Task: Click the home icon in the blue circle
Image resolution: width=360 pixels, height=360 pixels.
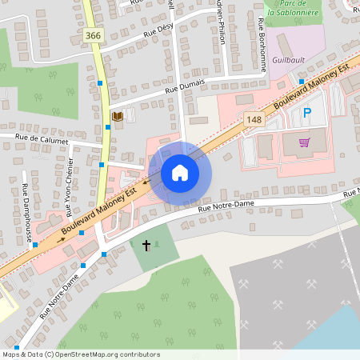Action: (x=180, y=172)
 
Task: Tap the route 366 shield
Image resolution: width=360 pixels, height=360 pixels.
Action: (x=94, y=36)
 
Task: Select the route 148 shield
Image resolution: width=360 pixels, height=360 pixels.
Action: (x=254, y=119)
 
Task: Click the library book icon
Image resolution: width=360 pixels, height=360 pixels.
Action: (x=117, y=117)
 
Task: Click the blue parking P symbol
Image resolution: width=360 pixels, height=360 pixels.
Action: (x=306, y=113)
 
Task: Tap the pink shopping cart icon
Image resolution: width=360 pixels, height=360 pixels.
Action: (x=304, y=143)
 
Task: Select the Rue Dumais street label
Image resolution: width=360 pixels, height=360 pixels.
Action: (x=185, y=86)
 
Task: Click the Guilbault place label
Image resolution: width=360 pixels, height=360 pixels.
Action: (x=288, y=59)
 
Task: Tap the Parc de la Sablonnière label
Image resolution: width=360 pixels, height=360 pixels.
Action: (x=294, y=8)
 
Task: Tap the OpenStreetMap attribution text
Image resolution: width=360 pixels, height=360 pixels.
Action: (x=81, y=354)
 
